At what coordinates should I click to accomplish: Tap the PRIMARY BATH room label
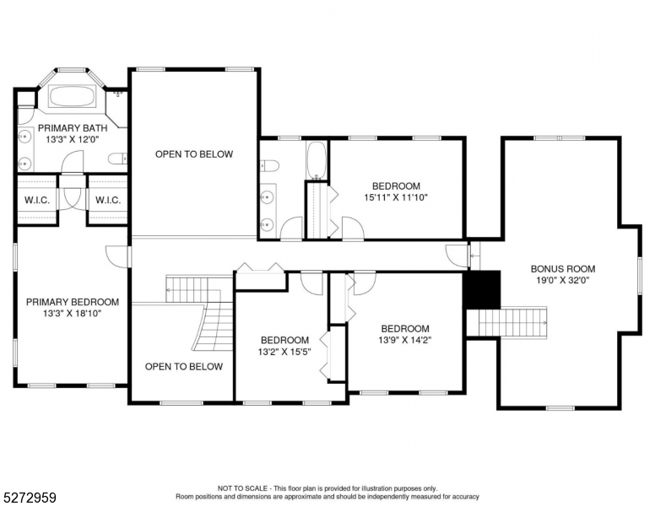click(72, 128)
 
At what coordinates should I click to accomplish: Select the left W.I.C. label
click(36, 200)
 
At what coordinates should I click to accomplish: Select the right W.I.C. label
click(107, 200)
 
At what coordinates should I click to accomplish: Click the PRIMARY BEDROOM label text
click(72, 302)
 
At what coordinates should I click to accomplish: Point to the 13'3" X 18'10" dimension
click(72, 313)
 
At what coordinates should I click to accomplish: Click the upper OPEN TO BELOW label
click(193, 154)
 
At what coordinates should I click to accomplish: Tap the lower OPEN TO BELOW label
click(183, 367)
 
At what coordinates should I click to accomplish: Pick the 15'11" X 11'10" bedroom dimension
click(396, 197)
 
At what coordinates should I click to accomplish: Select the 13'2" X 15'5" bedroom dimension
click(284, 352)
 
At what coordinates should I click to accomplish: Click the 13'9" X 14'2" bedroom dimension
click(404, 341)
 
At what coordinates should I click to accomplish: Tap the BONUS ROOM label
click(559, 269)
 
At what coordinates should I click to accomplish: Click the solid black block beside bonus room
click(483, 291)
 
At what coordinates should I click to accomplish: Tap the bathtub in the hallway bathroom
click(317, 160)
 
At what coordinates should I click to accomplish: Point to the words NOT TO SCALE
click(244, 488)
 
